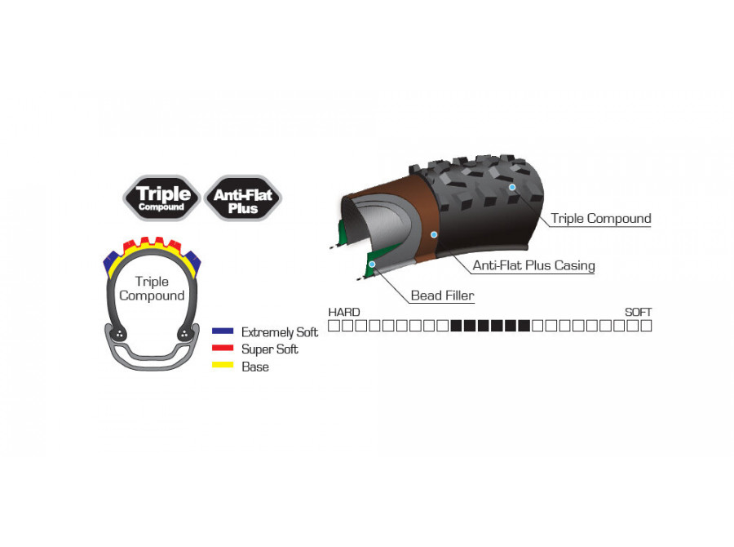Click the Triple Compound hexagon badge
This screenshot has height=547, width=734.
(x=161, y=198)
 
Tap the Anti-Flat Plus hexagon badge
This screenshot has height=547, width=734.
(x=243, y=198)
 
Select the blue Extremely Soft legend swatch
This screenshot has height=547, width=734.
(x=223, y=331)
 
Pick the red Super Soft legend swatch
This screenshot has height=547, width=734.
(x=223, y=348)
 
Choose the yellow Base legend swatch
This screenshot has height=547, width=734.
(x=223, y=365)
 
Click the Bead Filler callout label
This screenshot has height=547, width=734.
(x=442, y=296)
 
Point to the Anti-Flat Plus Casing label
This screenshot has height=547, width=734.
(x=533, y=265)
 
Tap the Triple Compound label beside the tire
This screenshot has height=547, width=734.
(x=601, y=219)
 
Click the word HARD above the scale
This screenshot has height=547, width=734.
(x=344, y=312)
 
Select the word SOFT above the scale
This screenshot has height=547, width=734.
(x=638, y=312)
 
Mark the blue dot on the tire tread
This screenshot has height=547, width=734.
(x=513, y=187)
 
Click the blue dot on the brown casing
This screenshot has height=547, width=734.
(x=434, y=234)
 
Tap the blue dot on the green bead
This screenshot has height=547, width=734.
(x=372, y=265)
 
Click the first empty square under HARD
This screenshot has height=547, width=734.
(x=334, y=326)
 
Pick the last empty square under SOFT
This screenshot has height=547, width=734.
(x=646, y=326)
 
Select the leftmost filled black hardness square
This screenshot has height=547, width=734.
(x=456, y=326)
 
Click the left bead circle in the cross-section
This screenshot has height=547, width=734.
(x=119, y=334)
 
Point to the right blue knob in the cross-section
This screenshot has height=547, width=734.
(x=193, y=261)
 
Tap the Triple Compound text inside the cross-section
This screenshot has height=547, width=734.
(x=152, y=288)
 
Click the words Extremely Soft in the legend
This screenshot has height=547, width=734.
(x=280, y=332)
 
